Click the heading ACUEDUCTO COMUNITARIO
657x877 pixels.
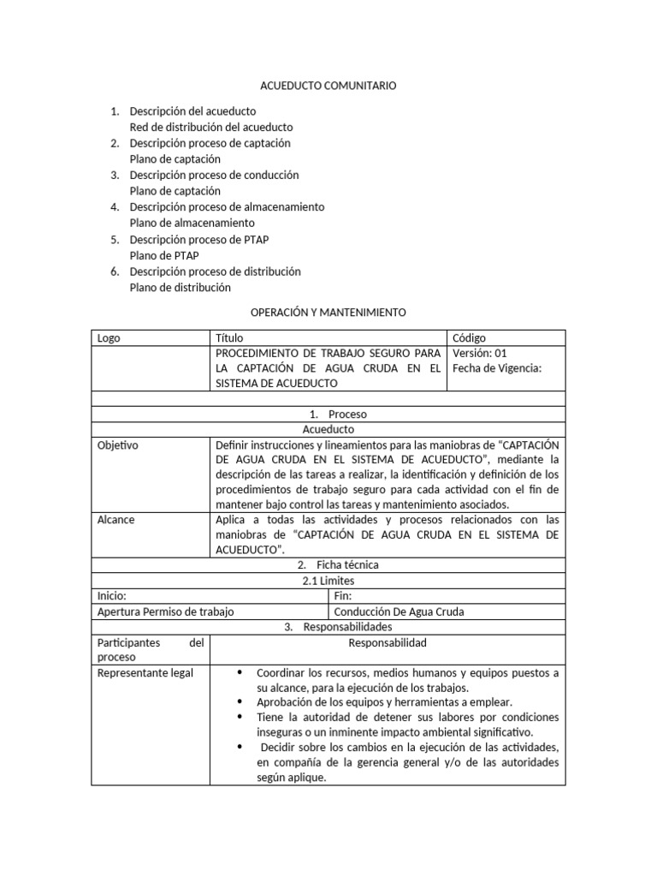click(x=328, y=87)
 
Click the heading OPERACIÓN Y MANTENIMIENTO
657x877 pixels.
click(x=328, y=313)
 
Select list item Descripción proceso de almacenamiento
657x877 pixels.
click(x=227, y=206)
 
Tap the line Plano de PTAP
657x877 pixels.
click(x=164, y=255)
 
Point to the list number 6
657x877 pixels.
click(x=114, y=271)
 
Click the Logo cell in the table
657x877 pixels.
click(x=109, y=338)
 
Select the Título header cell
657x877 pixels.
click(x=229, y=338)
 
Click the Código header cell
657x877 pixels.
click(x=469, y=338)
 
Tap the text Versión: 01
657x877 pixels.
click(x=480, y=353)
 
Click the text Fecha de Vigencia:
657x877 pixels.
click(x=497, y=368)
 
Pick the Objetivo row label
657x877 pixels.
click(x=118, y=445)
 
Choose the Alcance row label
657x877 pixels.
click(x=115, y=520)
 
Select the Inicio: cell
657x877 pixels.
click(x=112, y=596)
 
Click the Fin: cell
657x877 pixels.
click(x=342, y=596)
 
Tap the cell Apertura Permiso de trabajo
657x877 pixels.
click(x=166, y=612)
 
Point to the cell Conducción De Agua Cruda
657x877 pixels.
click(x=399, y=612)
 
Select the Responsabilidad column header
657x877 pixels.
click(x=387, y=643)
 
